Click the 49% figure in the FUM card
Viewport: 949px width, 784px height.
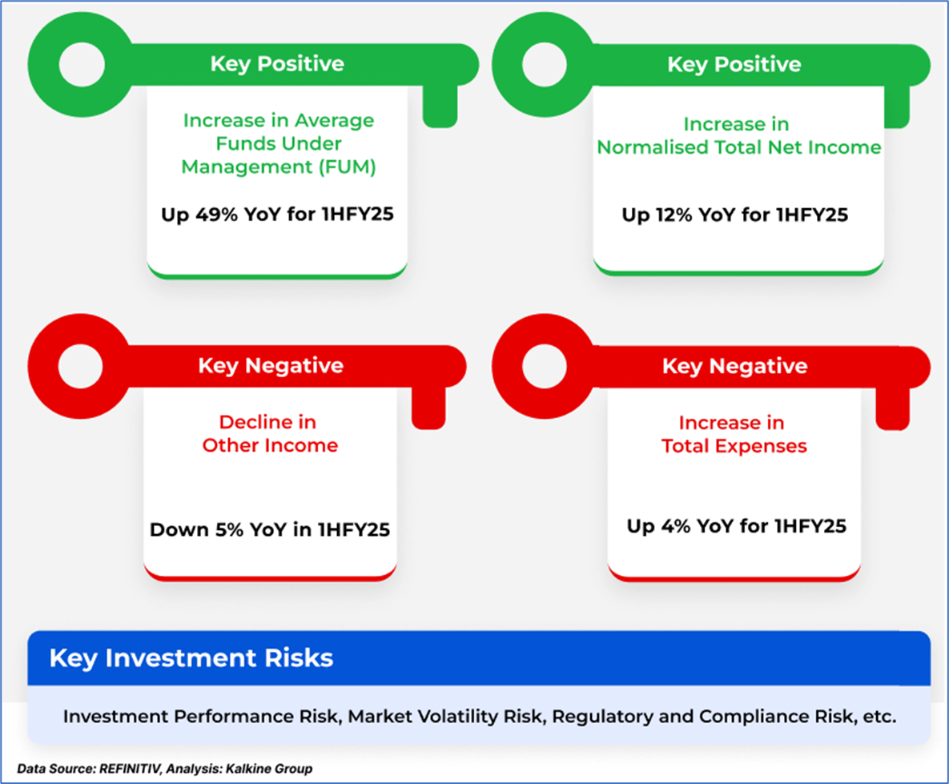(216, 215)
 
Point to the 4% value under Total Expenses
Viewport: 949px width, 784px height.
(675, 526)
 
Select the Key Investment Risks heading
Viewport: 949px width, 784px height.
(191, 658)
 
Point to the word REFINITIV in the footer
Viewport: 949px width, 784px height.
(130, 769)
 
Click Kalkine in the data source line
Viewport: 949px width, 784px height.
(248, 769)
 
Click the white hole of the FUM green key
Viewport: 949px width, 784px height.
(82, 65)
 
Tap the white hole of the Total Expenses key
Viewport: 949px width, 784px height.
(544, 366)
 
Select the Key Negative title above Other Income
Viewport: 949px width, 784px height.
(271, 366)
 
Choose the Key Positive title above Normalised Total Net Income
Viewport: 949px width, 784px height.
(734, 64)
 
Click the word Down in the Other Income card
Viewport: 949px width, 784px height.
(179, 529)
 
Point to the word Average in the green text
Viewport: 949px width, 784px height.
(335, 121)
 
